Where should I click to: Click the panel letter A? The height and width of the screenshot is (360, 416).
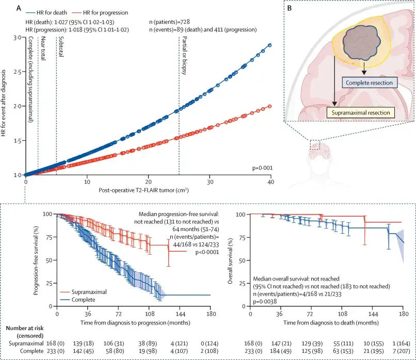(19, 8)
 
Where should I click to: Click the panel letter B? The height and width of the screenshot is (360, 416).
(290, 8)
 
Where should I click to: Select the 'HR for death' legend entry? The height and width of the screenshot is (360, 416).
(46, 12)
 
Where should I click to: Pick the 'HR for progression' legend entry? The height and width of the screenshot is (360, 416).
(100, 12)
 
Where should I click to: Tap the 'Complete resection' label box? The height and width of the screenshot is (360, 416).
(370, 83)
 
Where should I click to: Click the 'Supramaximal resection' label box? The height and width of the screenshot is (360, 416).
(361, 112)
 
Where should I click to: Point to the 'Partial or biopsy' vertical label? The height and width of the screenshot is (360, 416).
(184, 56)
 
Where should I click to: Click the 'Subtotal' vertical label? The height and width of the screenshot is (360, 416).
(61, 46)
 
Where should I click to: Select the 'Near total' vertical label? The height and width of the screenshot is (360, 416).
(43, 48)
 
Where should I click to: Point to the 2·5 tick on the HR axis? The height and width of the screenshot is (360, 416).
(18, 72)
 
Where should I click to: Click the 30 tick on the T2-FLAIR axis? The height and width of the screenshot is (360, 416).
(210, 182)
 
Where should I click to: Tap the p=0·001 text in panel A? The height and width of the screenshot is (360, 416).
(262, 168)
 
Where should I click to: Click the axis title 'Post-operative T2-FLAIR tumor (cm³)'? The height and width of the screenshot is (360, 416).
(143, 190)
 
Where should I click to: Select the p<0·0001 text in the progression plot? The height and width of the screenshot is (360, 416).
(207, 252)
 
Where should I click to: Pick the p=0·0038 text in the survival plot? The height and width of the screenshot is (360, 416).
(265, 301)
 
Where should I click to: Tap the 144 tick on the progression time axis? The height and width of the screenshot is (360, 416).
(180, 314)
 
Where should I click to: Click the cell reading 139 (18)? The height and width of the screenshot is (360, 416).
(83, 343)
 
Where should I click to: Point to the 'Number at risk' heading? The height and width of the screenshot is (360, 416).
(24, 328)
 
